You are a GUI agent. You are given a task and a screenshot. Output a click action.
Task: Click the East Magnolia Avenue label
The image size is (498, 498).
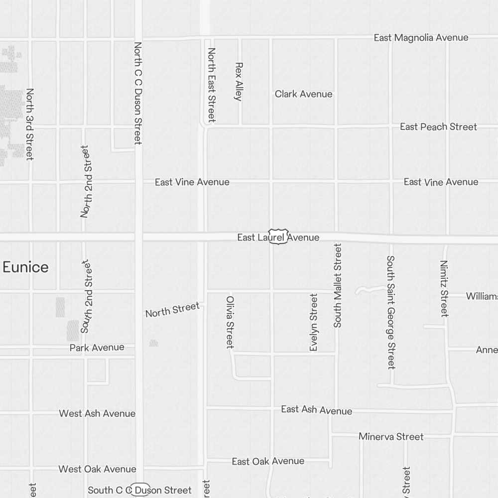coord(421,38)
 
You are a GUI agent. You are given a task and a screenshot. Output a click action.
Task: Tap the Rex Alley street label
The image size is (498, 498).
coord(239,81)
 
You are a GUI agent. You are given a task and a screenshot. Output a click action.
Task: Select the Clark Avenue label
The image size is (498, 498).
coord(303,94)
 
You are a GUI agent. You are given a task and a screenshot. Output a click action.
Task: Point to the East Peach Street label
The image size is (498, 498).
coord(438,127)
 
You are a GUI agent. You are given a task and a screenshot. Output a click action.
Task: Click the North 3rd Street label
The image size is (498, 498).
coord(30,124)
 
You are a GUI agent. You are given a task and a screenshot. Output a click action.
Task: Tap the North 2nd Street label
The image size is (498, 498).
coord(87,181)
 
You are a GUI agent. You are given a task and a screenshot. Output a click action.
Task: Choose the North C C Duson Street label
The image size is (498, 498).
coord(138,93)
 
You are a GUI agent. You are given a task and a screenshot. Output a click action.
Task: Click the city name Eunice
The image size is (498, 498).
coord(25,267)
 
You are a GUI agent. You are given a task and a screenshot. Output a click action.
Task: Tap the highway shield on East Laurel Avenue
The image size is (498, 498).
coord(278,237)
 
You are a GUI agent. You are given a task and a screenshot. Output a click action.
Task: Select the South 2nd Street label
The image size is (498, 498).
coord(87,296)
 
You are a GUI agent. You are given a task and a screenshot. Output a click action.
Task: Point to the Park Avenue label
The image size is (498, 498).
coord(97,348)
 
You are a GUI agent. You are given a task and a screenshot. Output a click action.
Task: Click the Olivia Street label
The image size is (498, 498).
coord(230,322)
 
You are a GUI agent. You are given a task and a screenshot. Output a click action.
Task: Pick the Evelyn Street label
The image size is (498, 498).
coord(314,322)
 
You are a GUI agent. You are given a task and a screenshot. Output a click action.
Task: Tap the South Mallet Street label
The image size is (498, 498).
coord(338,285)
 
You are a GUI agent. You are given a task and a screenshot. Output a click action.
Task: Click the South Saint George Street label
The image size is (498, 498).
coord(391,312)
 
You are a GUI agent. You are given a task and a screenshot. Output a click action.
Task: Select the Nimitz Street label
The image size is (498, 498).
coord(444,288)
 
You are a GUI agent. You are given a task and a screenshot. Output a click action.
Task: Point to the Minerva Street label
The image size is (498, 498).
coord(391,437)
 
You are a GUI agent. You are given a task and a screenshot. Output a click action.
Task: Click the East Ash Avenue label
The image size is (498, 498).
coord(316,410)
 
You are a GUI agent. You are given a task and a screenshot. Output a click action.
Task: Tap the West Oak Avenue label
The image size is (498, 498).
coord(97,469)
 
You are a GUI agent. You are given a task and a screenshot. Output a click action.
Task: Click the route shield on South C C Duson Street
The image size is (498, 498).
coord(140,490)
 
